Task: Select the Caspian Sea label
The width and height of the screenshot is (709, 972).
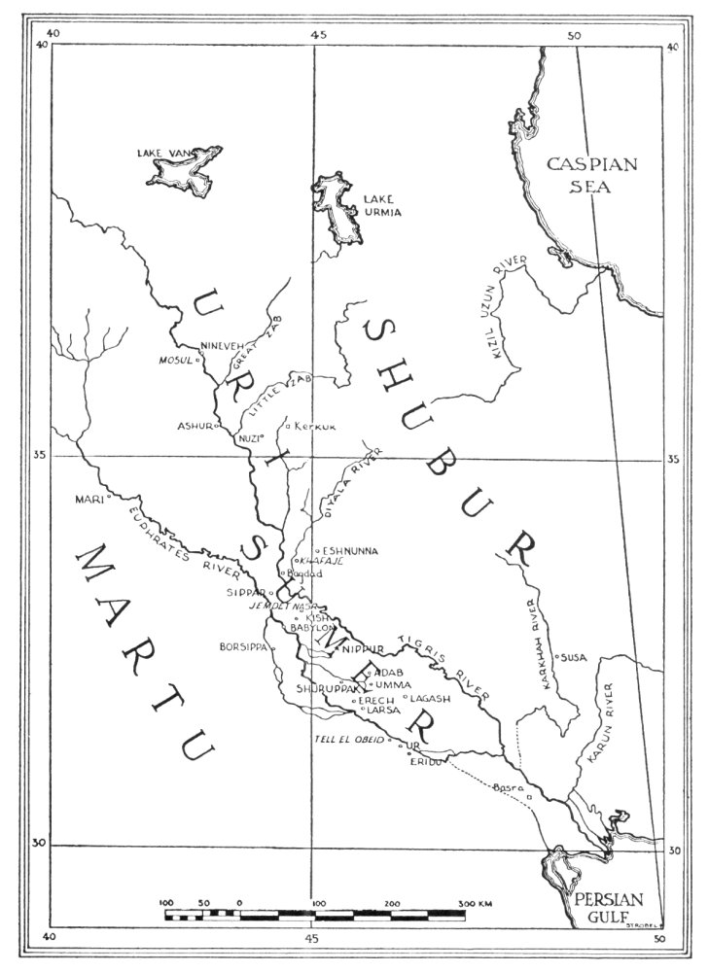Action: click(x=591, y=175)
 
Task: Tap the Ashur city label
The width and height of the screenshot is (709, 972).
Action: click(x=194, y=426)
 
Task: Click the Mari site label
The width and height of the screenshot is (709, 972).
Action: click(x=88, y=500)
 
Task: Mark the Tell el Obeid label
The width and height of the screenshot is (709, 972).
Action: click(x=348, y=741)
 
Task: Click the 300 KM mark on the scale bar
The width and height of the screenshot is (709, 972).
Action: click(x=475, y=904)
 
